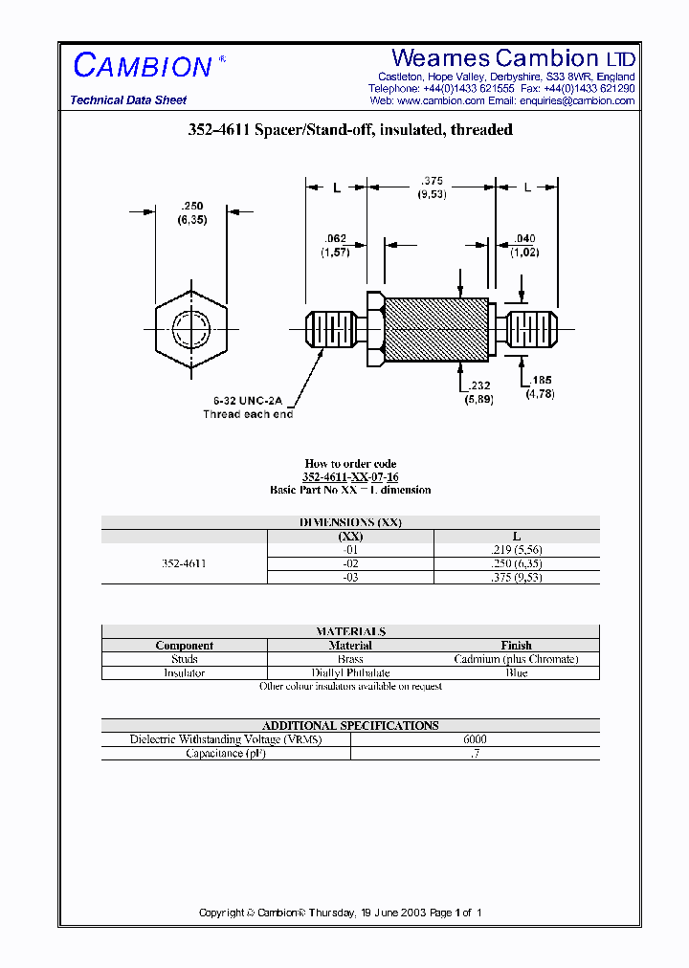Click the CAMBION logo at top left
(x=144, y=65)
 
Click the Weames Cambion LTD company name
(x=514, y=58)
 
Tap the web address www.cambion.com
(x=440, y=100)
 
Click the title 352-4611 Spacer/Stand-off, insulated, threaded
(x=350, y=130)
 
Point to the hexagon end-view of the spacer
(x=191, y=330)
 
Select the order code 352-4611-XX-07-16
(x=350, y=476)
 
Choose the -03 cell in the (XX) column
(x=350, y=578)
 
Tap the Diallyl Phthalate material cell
(x=350, y=672)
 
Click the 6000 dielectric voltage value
(x=475, y=739)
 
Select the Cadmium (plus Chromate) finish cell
(x=516, y=659)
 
